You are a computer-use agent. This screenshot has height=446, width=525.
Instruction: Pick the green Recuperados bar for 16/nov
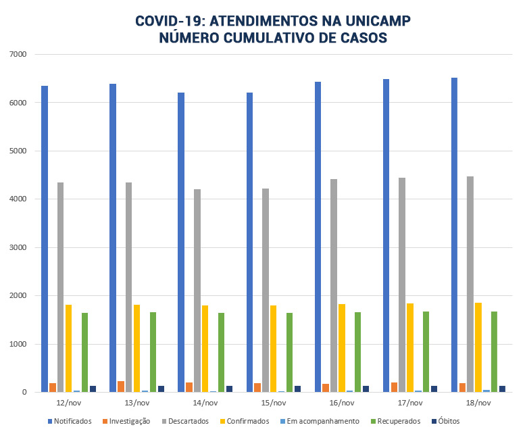[x=357, y=352]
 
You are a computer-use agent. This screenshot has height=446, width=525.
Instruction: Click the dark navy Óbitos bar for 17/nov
[x=434, y=389]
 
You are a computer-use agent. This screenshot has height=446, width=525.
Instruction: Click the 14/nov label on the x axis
[x=205, y=403]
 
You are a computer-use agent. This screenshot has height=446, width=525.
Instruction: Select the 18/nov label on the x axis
[x=478, y=403]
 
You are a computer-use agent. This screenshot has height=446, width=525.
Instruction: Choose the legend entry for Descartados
[x=194, y=421]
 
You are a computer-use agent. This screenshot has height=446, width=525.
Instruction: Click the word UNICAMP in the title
[x=371, y=20]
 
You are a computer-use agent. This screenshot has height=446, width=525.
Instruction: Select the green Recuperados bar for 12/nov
[x=85, y=352]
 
